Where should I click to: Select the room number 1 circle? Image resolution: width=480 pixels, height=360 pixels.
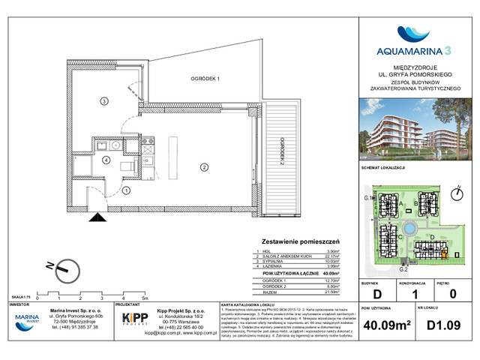tap(127, 190)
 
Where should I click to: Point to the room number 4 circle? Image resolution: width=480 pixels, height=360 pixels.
tap(106, 160)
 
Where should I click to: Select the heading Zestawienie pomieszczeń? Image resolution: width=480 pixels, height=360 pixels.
tap(298, 242)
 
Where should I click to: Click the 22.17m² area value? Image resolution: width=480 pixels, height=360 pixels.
tap(331, 256)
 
